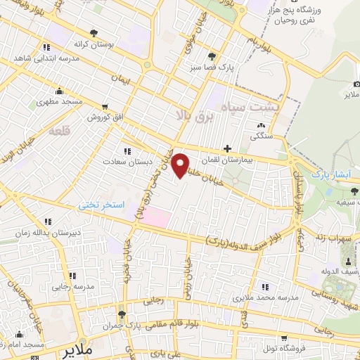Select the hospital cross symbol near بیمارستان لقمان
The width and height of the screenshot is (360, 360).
(226, 148)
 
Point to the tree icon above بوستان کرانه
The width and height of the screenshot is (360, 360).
(94, 32)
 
